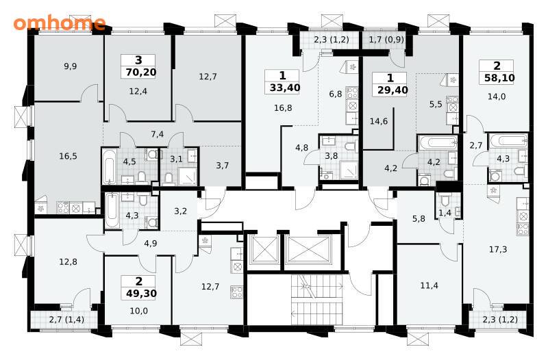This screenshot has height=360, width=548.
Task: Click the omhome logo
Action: [x=60, y=23]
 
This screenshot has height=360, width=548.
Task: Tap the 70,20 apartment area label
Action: [x=139, y=73]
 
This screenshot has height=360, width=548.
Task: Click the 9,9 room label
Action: [x=71, y=66]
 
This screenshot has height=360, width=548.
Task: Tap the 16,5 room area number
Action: [x=68, y=156]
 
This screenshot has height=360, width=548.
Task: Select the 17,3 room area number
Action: [x=498, y=249]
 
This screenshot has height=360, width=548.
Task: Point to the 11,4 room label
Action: [x=429, y=285]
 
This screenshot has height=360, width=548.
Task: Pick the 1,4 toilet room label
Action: [x=445, y=213]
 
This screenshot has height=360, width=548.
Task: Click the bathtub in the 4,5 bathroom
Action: [x=109, y=166]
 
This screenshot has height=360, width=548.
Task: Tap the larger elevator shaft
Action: [x=308, y=250]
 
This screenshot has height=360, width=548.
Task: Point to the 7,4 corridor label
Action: [x=158, y=133]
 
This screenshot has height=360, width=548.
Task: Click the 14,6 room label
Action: [x=379, y=121]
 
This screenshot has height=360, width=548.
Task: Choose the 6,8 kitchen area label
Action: [x=335, y=94]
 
